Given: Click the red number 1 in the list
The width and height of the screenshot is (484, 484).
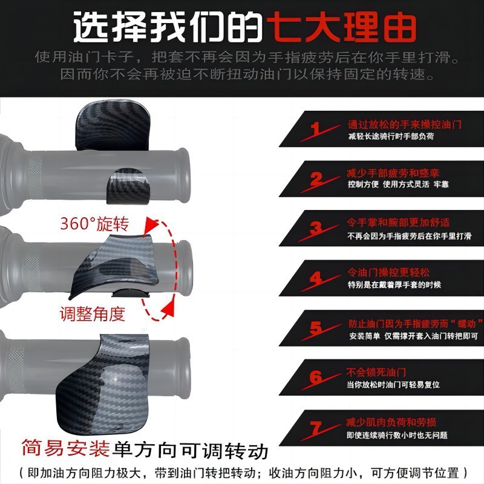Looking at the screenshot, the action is pos(315,128).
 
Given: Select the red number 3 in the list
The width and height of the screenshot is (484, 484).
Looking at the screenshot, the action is pos(316,229).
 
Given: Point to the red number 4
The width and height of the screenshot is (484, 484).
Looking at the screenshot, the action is pos(316,278).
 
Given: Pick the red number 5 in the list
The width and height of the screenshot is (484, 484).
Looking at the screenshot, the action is pos(316,328).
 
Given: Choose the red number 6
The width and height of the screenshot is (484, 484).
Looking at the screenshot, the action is pos(316,377).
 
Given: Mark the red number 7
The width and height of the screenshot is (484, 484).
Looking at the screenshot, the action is pos(316,428).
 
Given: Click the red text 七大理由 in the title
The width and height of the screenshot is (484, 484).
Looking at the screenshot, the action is pos(341,27).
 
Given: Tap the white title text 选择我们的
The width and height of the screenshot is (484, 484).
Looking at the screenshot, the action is pos(168,27).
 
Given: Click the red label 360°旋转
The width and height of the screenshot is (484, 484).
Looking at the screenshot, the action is pos(94,224).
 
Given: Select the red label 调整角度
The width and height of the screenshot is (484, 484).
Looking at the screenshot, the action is pos(93,314).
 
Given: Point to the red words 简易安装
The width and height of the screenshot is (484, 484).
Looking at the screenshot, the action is pos(66,448).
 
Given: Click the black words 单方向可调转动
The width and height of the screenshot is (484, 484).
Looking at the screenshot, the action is pos(190,450).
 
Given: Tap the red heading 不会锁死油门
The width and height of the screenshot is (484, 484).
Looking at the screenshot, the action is pos(376,372).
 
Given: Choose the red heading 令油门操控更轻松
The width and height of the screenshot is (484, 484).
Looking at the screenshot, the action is pos(388,272).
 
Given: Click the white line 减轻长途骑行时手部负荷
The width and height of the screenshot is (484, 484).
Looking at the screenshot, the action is pos(391,136).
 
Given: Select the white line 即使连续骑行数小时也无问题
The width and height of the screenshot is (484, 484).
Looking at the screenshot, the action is pos(397,435).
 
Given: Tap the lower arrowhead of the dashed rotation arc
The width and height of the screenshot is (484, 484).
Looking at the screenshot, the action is pos(168,309).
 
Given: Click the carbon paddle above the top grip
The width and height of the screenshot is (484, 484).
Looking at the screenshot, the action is pos(113,125).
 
